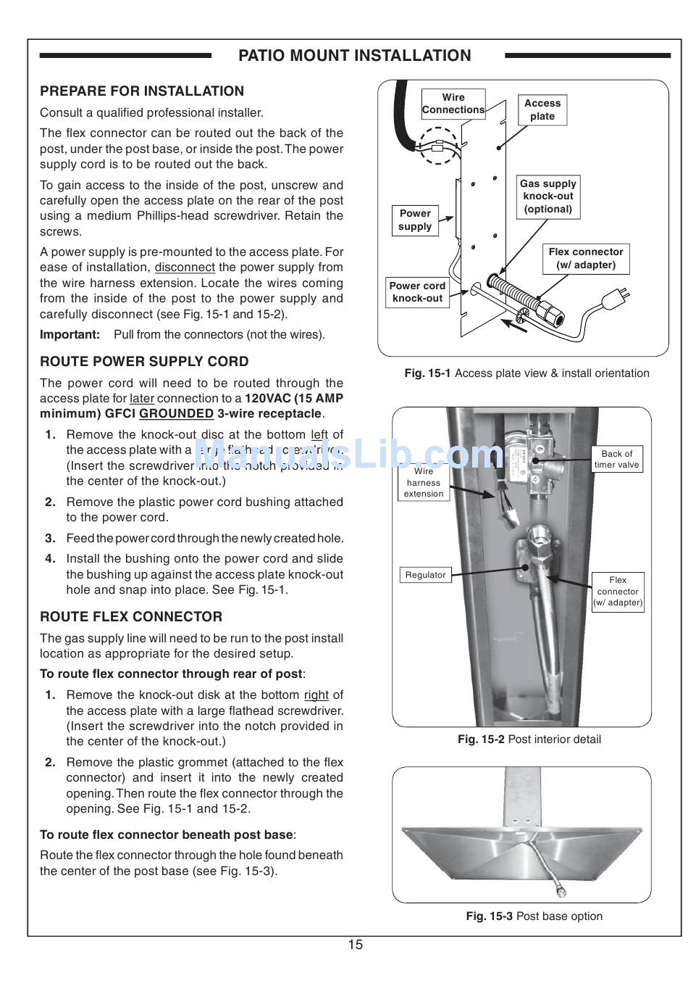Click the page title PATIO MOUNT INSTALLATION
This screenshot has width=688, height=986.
click(354, 56)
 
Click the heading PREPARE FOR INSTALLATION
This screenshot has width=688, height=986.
click(142, 91)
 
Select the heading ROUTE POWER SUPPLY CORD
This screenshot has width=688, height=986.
click(144, 362)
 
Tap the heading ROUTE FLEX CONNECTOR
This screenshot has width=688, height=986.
click(131, 617)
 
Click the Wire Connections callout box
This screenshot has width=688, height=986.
click(453, 104)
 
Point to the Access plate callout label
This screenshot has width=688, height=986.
click(542, 109)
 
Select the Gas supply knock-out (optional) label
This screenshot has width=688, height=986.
click(548, 196)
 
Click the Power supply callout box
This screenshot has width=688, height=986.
click(415, 220)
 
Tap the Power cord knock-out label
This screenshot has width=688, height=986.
click(417, 291)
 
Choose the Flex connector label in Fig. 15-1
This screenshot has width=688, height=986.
click(585, 258)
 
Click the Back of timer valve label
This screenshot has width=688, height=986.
click(617, 459)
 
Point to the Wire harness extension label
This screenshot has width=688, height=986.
click(424, 482)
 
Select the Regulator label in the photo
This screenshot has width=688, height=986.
click(425, 575)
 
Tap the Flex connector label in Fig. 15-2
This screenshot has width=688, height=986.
click(618, 591)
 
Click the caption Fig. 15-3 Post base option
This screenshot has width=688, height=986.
click(534, 916)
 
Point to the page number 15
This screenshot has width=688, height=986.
click(355, 945)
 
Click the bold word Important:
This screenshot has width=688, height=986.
click(70, 335)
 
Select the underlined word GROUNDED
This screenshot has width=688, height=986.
click(176, 414)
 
